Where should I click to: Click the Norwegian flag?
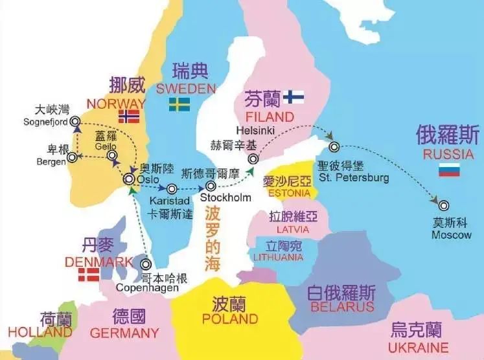129,117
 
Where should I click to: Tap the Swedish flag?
179,104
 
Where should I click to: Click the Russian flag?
449,170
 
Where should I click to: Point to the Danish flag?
89,275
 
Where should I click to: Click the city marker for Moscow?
443,205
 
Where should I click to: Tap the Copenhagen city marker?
146,264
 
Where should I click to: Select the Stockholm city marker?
211,186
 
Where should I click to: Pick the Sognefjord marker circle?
75,120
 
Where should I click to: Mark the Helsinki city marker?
253,158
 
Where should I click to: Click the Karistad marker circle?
172,189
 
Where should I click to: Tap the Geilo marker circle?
112,156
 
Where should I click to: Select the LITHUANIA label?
278,257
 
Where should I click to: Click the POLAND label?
229,319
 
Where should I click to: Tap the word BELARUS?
342,306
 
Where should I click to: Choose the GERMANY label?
124,333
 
